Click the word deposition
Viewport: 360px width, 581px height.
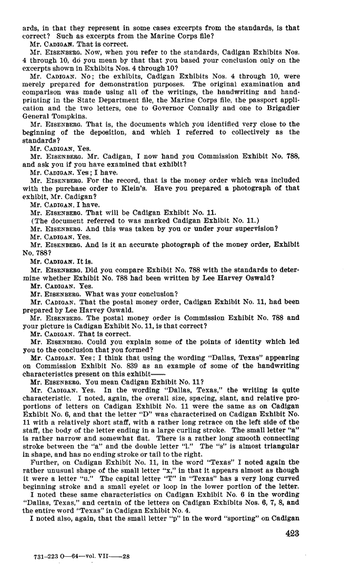(103, 132)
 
